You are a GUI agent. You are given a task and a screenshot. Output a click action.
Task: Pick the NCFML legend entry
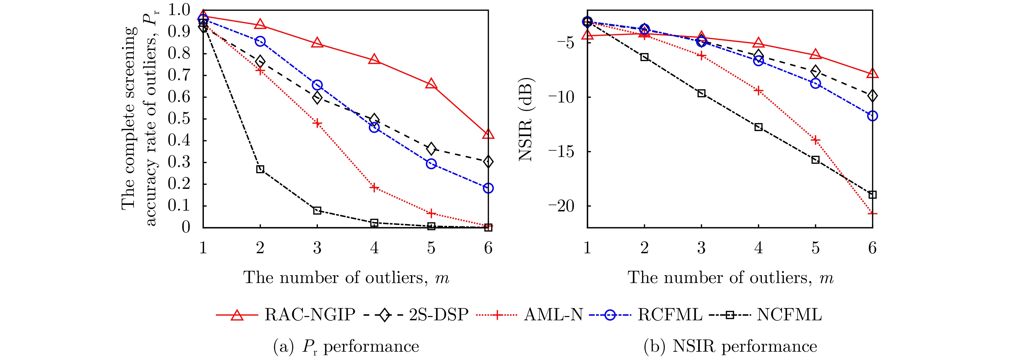tap(789, 315)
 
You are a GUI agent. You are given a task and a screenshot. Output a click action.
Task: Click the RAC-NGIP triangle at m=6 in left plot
tap(488, 134)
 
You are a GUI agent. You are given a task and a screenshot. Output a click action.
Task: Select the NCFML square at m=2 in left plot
tap(260, 169)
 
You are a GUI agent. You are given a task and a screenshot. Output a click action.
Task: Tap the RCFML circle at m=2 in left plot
tap(260, 41)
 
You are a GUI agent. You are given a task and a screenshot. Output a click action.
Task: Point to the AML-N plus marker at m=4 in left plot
tap(374, 187)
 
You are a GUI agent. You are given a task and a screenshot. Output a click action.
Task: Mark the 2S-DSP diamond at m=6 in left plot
tap(488, 162)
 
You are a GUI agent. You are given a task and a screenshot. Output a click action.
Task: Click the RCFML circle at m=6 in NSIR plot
tap(872, 116)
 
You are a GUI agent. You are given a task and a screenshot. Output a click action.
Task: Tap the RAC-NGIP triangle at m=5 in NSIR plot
tap(815, 54)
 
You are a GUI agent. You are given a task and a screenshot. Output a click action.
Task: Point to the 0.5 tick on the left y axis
tap(179, 119)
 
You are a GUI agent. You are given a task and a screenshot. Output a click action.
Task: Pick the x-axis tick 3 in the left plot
tap(317, 248)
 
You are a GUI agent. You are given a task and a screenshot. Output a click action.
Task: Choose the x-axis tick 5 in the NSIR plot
tap(815, 248)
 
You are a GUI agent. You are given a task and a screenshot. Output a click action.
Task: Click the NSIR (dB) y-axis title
tap(526, 120)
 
